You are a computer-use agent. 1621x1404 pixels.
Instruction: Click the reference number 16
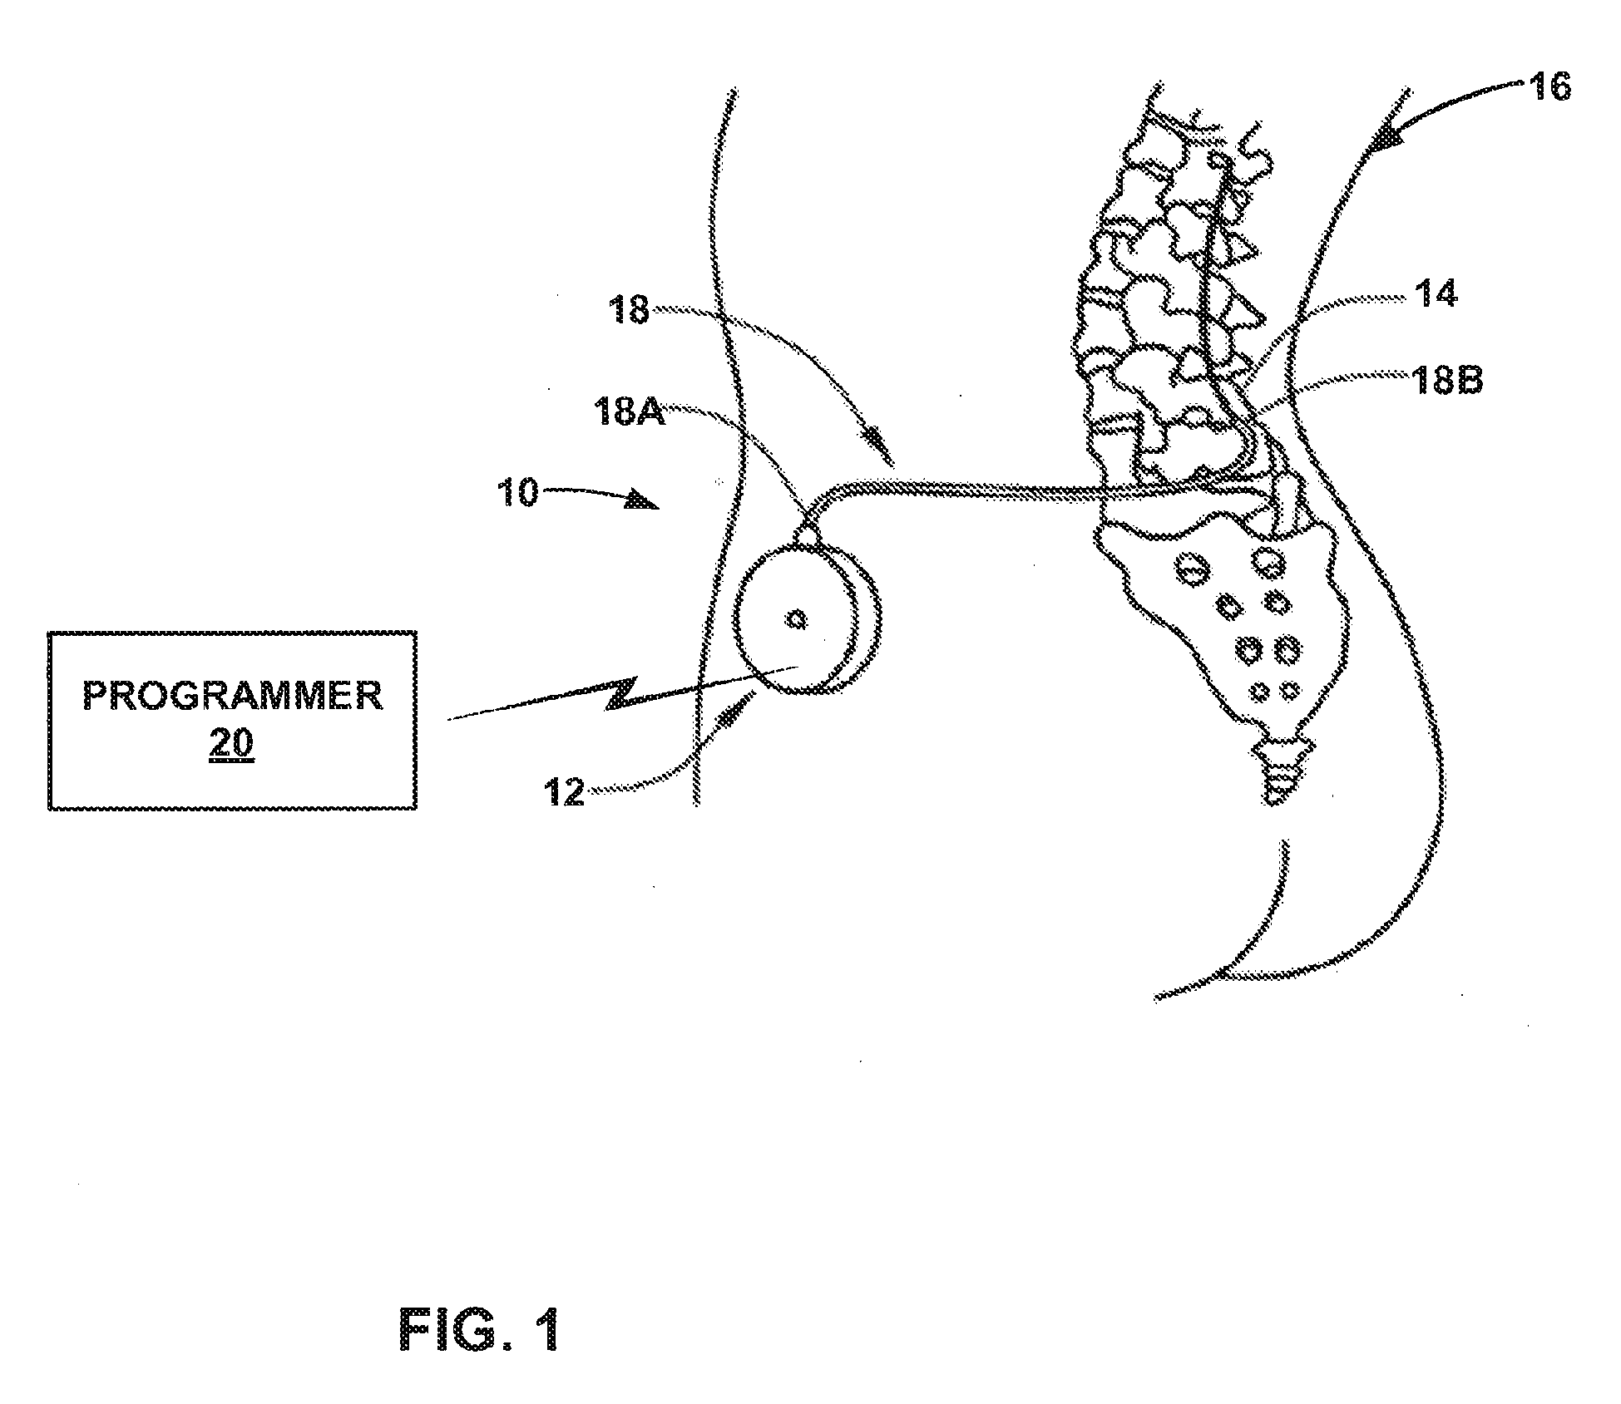coord(1549,86)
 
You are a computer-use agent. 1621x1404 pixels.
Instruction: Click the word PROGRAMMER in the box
coord(233,695)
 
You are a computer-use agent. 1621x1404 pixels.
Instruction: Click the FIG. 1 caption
coord(480,1329)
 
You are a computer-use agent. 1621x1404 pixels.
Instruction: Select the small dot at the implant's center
coord(797,618)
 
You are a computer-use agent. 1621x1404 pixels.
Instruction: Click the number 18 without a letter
coord(628,312)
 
